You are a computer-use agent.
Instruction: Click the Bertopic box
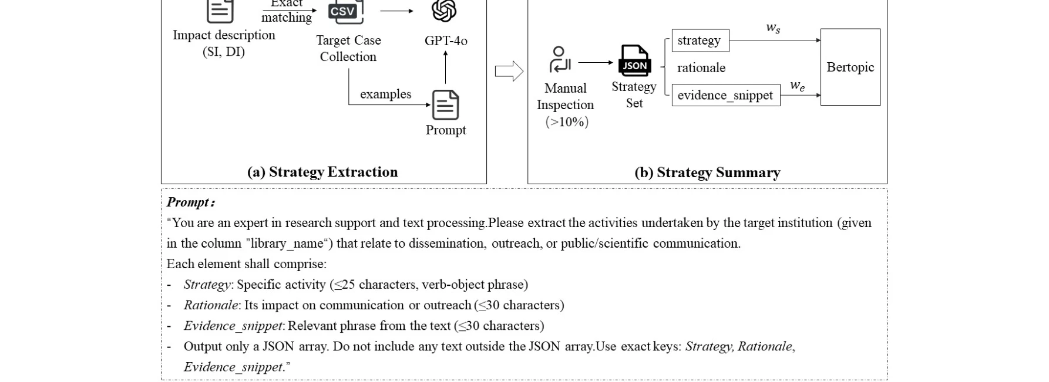tap(850, 67)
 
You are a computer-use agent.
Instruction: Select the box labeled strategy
tap(700, 40)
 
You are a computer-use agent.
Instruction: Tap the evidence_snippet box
tap(725, 95)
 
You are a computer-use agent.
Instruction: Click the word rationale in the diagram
tap(701, 68)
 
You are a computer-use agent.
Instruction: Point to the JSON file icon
tap(634, 60)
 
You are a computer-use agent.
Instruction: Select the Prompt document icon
tap(445, 105)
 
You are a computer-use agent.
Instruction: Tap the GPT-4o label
tap(446, 40)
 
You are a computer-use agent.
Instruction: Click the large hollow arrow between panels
tap(509, 71)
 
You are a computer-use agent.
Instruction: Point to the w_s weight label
tap(773, 28)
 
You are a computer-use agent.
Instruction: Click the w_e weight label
tap(797, 86)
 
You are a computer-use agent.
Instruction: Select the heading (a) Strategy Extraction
tap(322, 172)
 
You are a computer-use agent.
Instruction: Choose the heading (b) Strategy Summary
tap(707, 173)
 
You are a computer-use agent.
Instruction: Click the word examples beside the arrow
tap(385, 94)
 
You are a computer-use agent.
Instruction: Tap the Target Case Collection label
tap(348, 49)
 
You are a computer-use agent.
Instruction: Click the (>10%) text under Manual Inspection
tap(567, 122)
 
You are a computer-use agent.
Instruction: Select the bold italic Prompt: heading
tap(191, 202)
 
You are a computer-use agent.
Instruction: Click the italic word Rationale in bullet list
tap(210, 305)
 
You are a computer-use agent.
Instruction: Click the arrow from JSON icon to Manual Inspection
tap(595, 62)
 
